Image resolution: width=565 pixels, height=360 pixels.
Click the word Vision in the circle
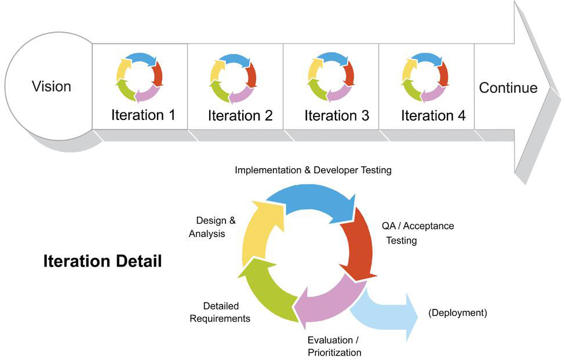(x=52, y=86)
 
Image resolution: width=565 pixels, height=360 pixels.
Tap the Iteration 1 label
(x=143, y=115)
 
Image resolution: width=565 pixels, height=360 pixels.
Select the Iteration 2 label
(x=240, y=116)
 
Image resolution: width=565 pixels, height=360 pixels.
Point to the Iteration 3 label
(x=337, y=116)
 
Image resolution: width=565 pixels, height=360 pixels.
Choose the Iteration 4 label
(x=433, y=116)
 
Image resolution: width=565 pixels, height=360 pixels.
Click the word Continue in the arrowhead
(x=508, y=88)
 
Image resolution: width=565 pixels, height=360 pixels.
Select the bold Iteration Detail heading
(x=103, y=261)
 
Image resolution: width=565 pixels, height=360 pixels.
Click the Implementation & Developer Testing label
(x=313, y=170)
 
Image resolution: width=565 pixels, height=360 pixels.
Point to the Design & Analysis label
(x=212, y=227)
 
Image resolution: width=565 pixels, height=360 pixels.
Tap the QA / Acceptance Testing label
(x=418, y=233)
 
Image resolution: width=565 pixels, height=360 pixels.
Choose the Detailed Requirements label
(x=220, y=312)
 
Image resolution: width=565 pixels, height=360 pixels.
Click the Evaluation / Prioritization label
(x=334, y=346)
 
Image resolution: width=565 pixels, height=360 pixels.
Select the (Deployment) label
(x=458, y=313)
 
